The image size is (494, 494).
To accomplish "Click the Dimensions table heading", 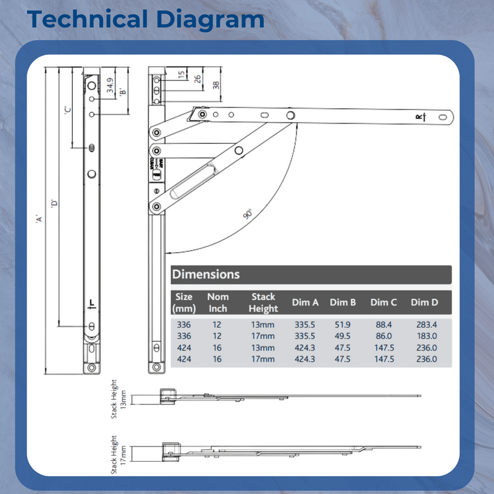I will (x=206, y=274).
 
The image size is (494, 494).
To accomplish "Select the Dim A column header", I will (x=305, y=303).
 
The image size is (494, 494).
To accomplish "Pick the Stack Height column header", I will (x=263, y=303).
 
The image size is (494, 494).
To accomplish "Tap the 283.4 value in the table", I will (x=424, y=324).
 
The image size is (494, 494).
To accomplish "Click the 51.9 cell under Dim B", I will (x=343, y=324).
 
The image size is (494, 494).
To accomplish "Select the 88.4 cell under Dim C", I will (x=383, y=324).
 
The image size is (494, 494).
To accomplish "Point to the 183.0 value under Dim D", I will (x=424, y=336).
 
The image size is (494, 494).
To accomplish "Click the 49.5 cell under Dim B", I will (x=343, y=336).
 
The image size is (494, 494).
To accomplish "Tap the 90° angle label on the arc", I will (x=248, y=214).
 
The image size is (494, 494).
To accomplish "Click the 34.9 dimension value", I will (x=110, y=85).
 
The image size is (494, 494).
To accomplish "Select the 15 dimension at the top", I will (x=181, y=75).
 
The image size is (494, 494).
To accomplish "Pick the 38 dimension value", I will (x=215, y=85).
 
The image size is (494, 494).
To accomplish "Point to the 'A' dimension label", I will (x=38, y=219).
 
